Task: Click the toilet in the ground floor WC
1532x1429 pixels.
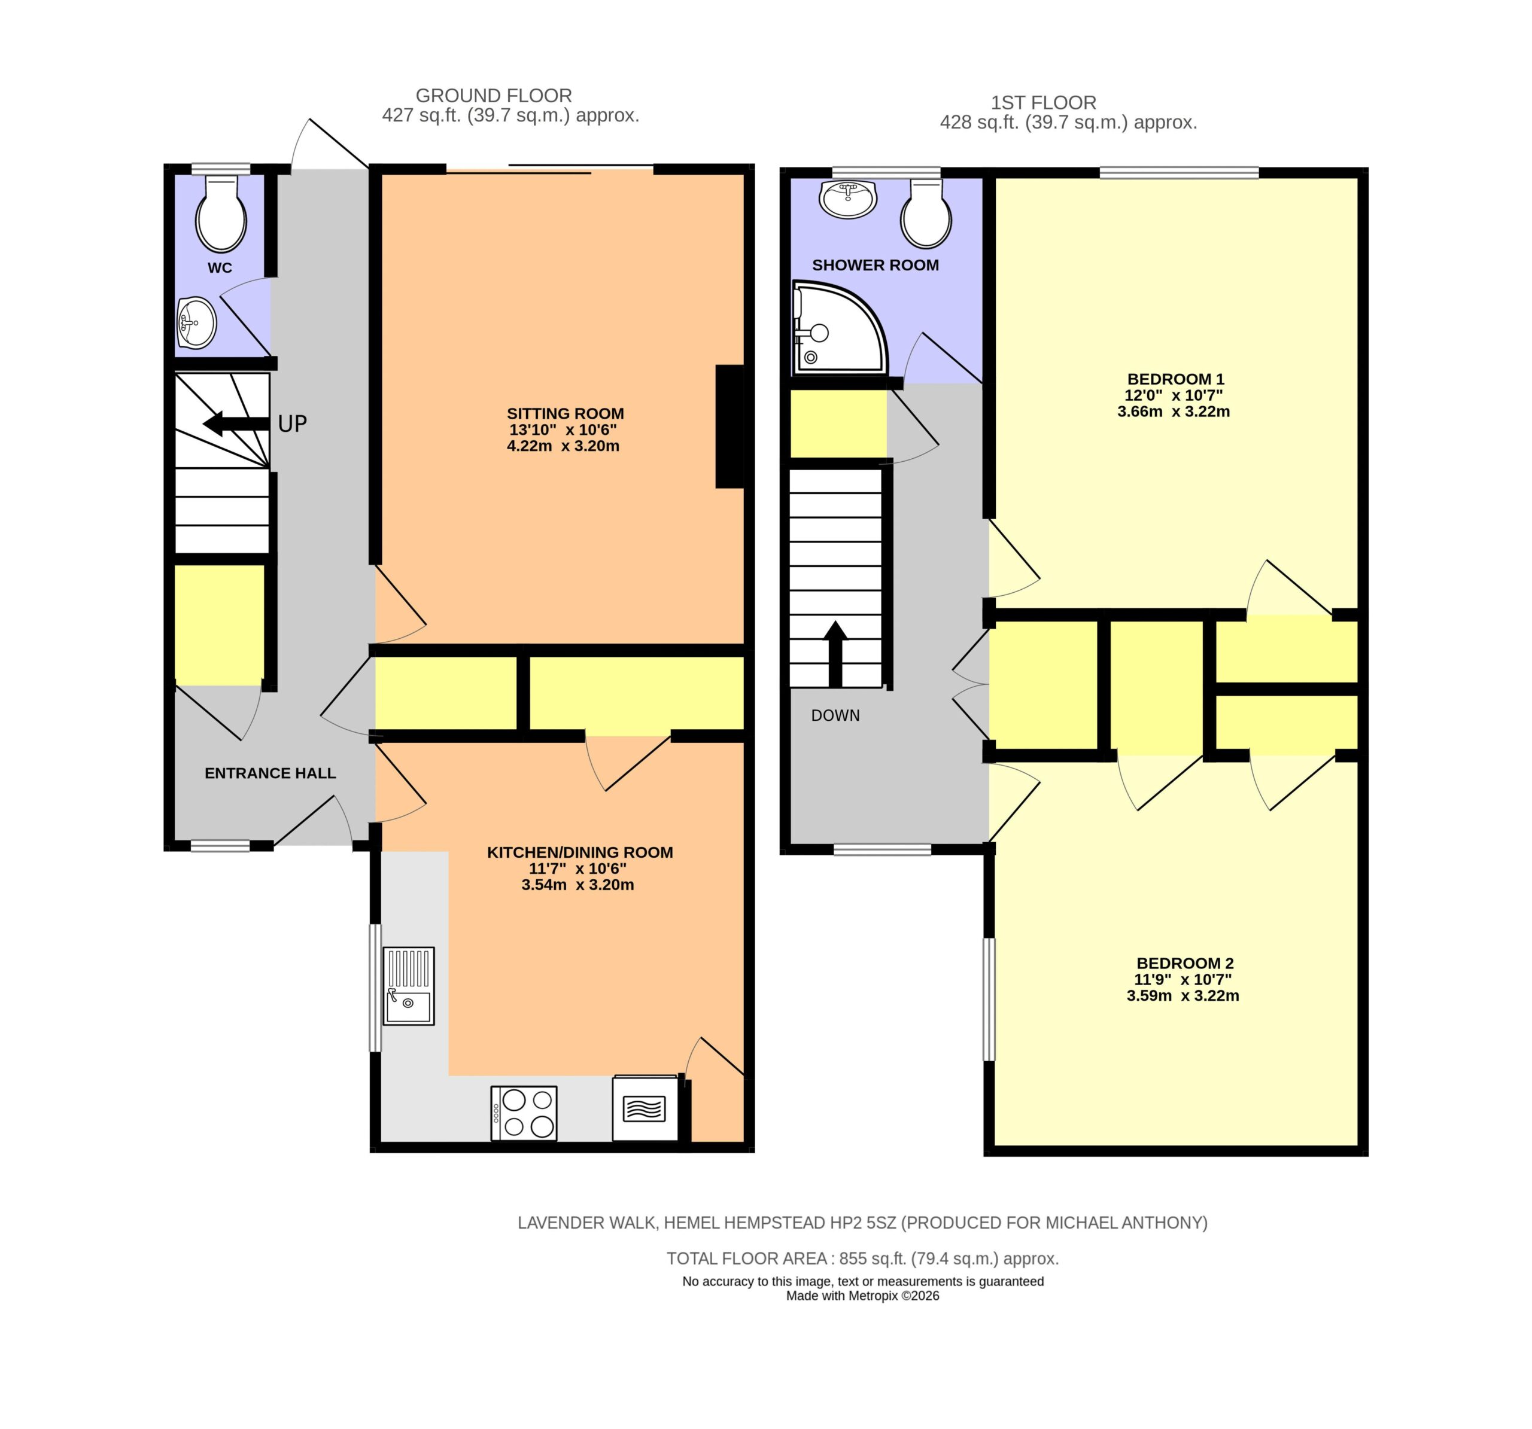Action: pos(221,214)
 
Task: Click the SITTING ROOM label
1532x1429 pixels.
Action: pos(565,414)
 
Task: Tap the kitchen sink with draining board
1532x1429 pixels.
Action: pos(408,986)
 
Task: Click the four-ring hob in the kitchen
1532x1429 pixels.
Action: pos(524,1113)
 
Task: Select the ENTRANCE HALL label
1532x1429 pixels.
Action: pos(270,773)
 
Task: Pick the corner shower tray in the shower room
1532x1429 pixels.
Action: pos(838,327)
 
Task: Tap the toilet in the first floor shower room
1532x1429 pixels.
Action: pos(926,214)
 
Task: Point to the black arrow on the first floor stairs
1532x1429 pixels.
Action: pos(835,654)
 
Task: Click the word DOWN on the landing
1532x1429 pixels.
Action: pos(835,715)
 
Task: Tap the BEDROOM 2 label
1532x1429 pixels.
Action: pos(1186,963)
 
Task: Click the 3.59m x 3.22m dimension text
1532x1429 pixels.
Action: pos(1183,995)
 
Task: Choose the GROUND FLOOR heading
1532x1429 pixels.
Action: pos(494,96)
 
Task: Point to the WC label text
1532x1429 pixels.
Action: pos(220,268)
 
